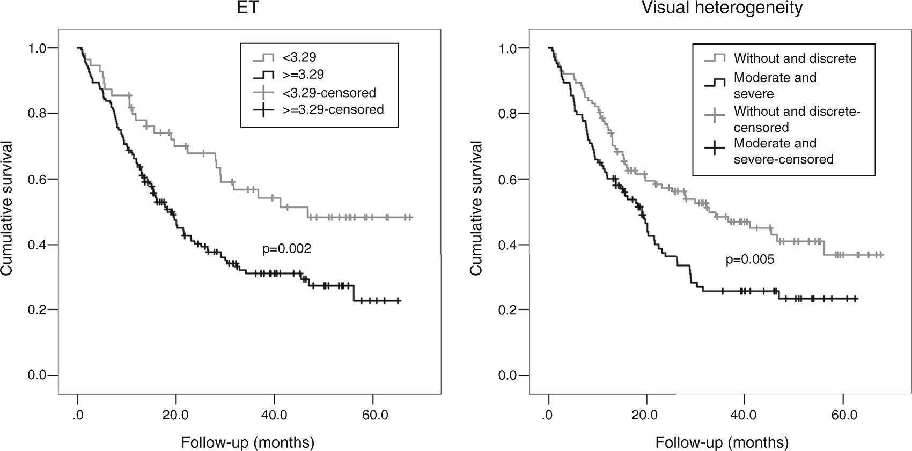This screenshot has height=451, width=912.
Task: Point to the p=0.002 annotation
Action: tap(286, 249)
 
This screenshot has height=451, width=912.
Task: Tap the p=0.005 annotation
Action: tap(750, 260)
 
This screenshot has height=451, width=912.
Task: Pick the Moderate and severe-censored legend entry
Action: tap(783, 151)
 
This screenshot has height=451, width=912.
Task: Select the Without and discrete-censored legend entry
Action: tap(797, 120)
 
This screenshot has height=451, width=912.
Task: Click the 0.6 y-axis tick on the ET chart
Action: tap(38, 179)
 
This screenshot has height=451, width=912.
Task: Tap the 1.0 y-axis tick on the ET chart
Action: tap(38, 48)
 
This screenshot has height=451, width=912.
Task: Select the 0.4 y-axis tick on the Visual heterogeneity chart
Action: tap(508, 245)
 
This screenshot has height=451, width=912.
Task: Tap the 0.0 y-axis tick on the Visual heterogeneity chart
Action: tap(508, 375)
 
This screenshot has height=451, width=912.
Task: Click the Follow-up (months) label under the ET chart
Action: tap(247, 442)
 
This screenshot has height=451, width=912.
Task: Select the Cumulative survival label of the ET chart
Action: tap(7, 209)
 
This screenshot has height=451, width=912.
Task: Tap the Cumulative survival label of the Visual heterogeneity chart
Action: tap(476, 209)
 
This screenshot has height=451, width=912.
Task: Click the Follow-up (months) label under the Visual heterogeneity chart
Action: tap(722, 442)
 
